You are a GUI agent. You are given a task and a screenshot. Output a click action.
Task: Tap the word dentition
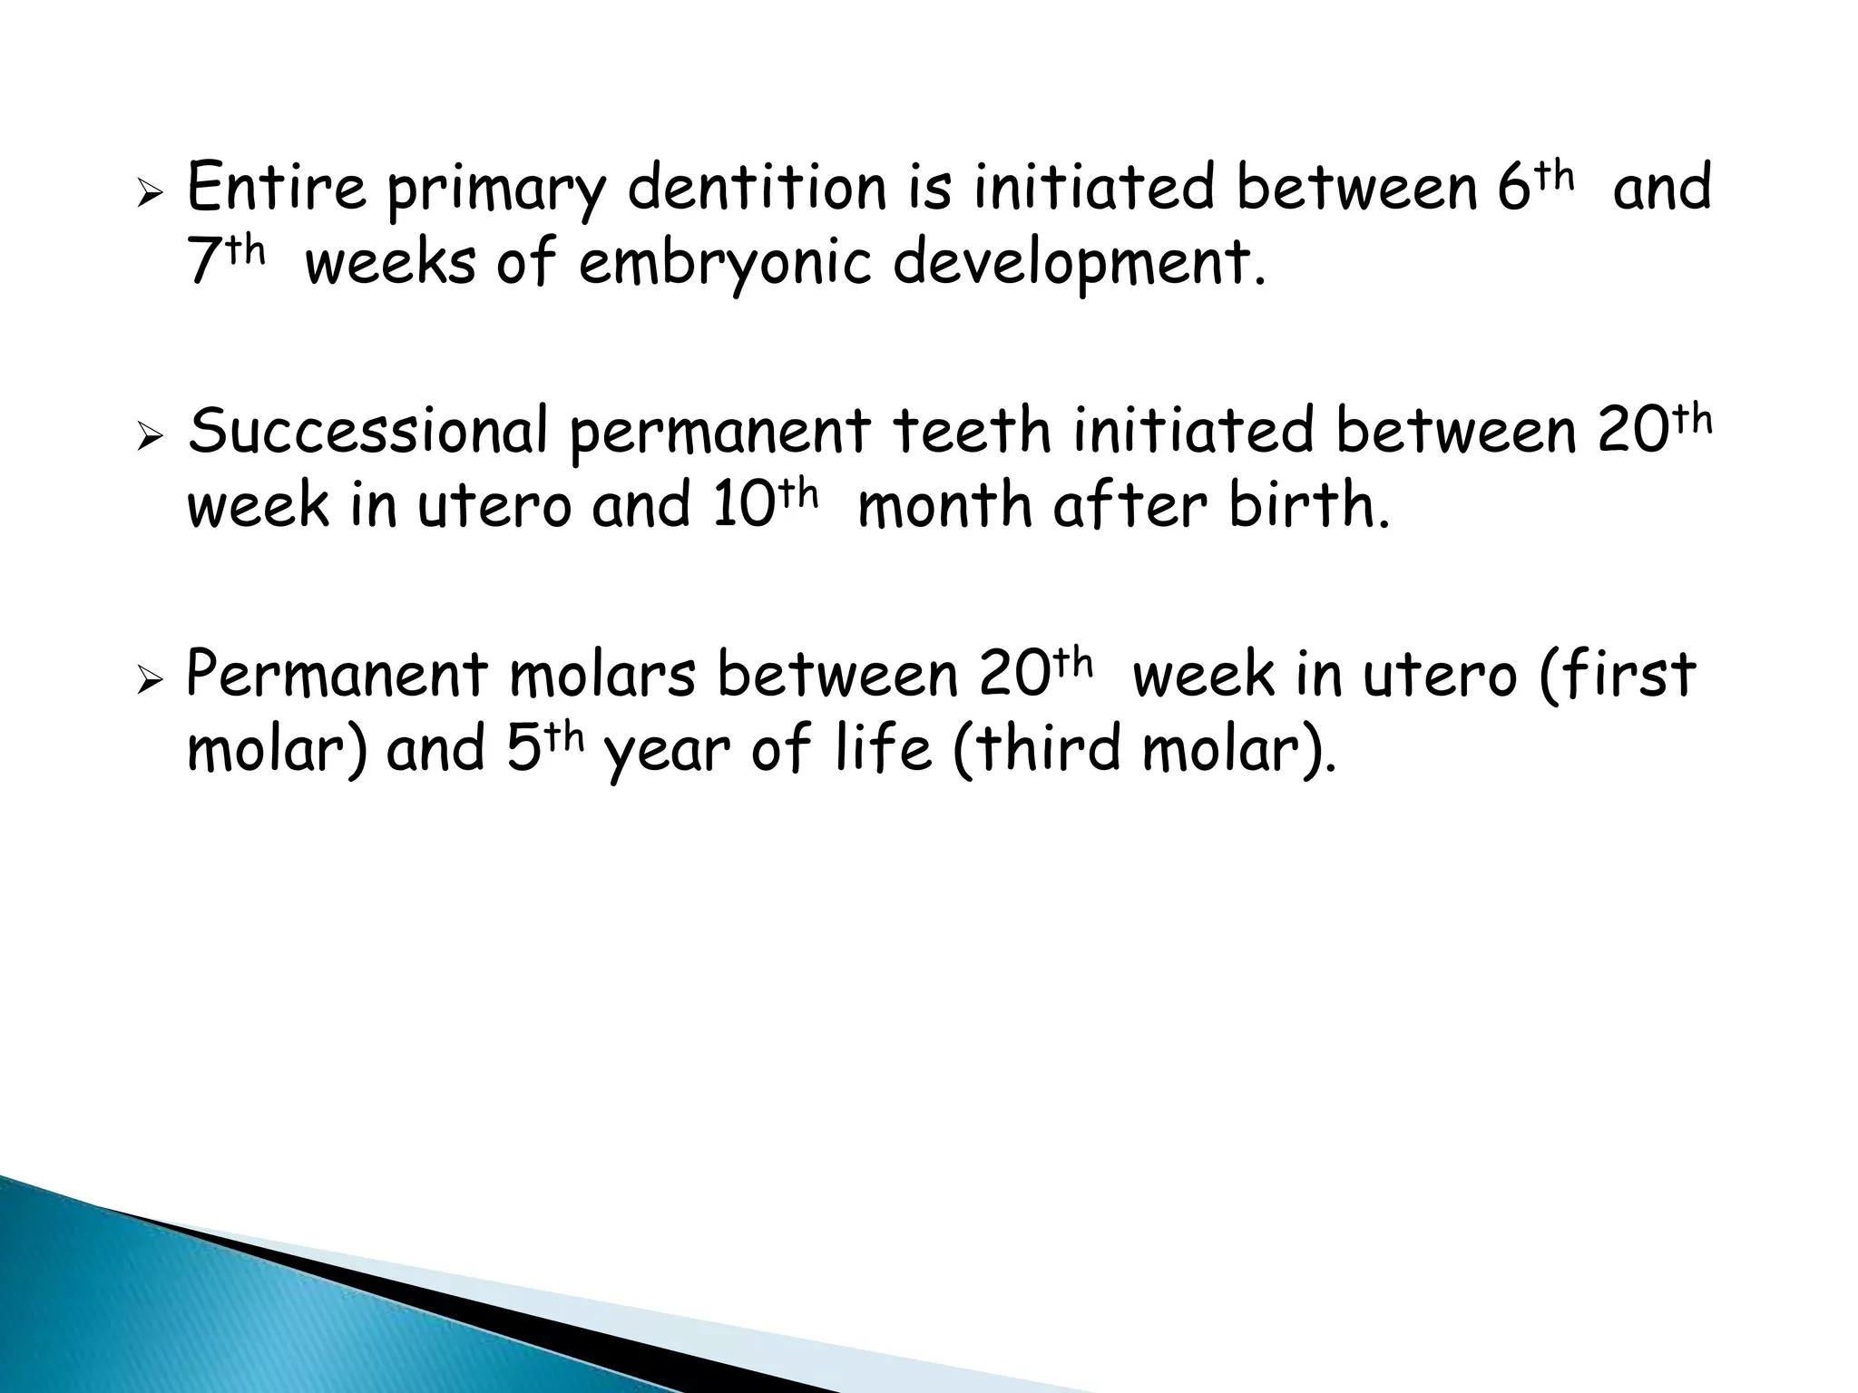tap(757, 188)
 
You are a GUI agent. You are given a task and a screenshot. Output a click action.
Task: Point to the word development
tap(1078, 265)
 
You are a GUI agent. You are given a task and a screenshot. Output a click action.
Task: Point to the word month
tap(944, 504)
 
